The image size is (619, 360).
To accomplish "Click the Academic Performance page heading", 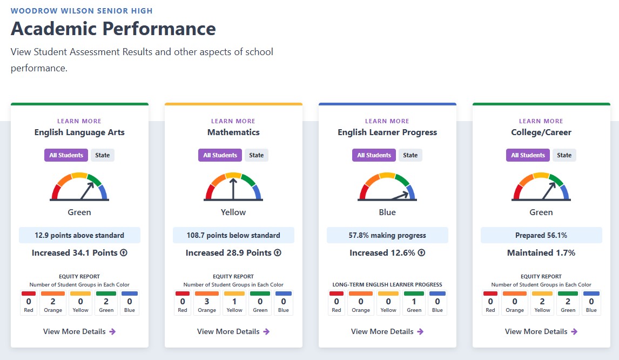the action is click(113, 29).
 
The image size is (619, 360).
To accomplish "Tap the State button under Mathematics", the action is click(256, 155).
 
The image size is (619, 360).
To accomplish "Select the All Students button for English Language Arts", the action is click(66, 155).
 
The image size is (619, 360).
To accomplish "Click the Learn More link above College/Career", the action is click(541, 121).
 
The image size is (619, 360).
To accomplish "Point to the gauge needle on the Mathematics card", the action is click(233, 189).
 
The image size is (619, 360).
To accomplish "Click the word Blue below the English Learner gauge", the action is click(387, 212).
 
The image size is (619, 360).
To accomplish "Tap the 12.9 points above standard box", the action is click(79, 235).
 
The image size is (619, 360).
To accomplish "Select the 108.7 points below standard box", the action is click(233, 235).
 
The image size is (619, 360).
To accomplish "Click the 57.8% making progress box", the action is click(387, 235).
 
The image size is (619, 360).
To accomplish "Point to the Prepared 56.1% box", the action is click(541, 235).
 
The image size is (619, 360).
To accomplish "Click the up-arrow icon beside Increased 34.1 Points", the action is click(124, 252).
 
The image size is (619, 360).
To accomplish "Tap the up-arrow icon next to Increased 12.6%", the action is click(422, 252).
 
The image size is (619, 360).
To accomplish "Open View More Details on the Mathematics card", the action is click(233, 331).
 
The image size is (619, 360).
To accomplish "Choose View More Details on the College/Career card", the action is click(541, 331).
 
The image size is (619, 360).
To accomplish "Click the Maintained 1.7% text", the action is click(541, 252).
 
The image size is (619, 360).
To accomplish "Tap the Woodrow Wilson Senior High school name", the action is click(82, 11).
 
